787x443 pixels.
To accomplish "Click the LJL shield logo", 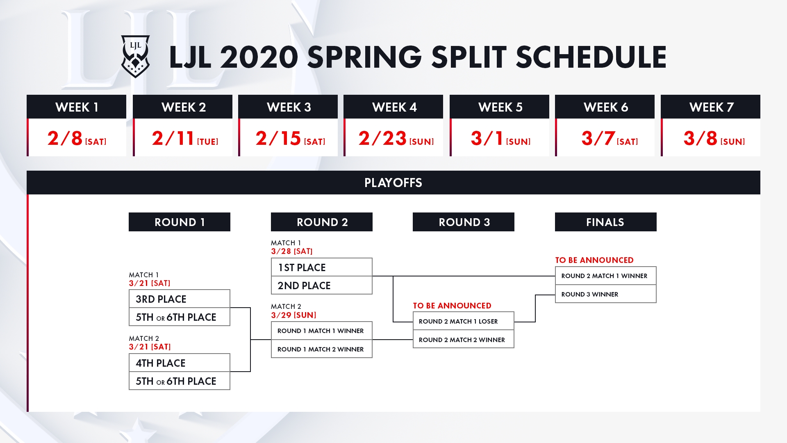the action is (x=135, y=57).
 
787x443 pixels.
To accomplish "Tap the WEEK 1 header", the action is (x=77, y=107).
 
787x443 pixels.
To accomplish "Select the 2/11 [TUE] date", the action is (x=185, y=138).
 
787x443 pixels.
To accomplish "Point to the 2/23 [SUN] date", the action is (x=396, y=138).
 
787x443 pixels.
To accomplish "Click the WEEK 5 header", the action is (x=500, y=107).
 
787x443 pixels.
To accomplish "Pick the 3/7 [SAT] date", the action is (x=610, y=138).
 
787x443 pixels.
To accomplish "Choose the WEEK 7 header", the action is (x=711, y=107).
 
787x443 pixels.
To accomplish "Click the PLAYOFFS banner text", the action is (x=393, y=183).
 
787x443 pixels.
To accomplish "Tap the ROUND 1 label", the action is (x=180, y=222).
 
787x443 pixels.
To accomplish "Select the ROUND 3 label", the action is (x=464, y=222).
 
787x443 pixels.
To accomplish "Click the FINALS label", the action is (x=606, y=222).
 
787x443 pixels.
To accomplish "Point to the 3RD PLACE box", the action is (x=180, y=299).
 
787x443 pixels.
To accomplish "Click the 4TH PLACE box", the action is (x=180, y=363).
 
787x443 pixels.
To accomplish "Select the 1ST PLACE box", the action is (x=322, y=267).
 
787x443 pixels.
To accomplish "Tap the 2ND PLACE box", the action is (x=322, y=285).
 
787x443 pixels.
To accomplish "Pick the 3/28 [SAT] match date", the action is (x=292, y=251).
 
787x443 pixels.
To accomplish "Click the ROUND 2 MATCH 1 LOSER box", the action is (x=464, y=321).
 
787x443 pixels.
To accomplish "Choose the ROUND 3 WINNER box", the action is (x=606, y=294).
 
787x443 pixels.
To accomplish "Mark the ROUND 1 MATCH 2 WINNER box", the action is (x=322, y=349).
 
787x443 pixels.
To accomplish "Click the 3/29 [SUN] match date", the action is (x=293, y=315).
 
